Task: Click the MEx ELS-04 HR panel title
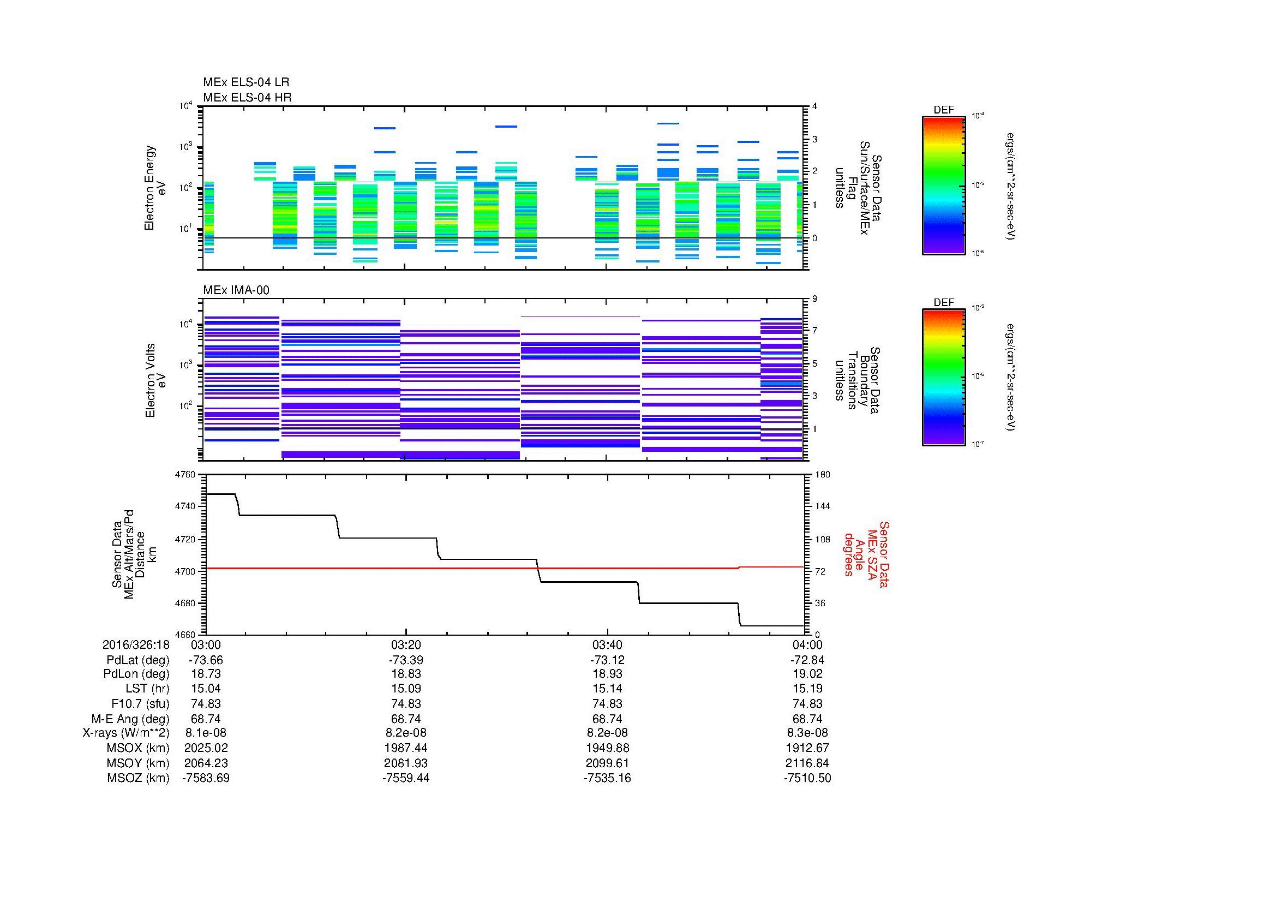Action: click(247, 97)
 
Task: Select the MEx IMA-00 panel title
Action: click(236, 290)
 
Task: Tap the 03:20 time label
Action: click(406, 644)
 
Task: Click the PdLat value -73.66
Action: click(206, 660)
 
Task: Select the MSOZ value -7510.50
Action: click(807, 778)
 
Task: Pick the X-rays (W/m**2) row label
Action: click(125, 733)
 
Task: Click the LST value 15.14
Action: click(607, 689)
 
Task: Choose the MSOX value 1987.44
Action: click(406, 748)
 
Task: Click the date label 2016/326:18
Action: click(136, 644)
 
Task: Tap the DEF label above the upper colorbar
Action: click(944, 110)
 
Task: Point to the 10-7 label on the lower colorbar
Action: click(978, 444)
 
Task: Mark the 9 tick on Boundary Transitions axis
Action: click(814, 299)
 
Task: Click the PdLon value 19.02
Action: click(807, 673)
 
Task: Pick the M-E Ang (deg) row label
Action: click(130, 719)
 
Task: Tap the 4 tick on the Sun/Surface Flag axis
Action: click(814, 106)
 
